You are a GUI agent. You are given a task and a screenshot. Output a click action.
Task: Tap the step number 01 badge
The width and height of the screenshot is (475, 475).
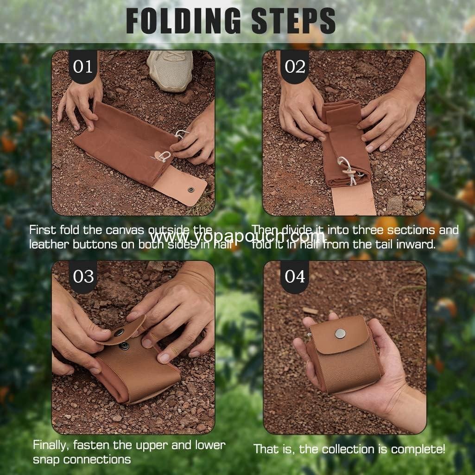point(83,66)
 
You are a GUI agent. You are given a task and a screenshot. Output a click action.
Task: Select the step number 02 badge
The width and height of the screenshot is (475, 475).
point(295,66)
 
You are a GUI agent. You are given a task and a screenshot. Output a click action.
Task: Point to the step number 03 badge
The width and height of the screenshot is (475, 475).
point(83,277)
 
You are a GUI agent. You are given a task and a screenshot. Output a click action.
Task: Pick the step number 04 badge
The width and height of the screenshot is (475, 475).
point(295,277)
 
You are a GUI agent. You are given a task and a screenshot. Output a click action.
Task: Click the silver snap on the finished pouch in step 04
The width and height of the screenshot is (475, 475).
point(341,333)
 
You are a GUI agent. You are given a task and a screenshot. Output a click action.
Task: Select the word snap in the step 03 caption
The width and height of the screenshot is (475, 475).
point(45,460)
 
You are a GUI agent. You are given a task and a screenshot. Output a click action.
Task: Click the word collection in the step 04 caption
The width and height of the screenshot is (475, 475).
point(355,449)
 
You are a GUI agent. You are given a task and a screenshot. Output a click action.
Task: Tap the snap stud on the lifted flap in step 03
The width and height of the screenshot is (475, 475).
point(119,332)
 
